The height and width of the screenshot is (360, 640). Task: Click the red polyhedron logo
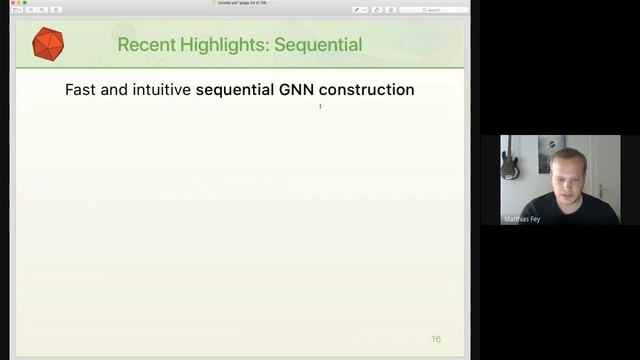tap(48, 44)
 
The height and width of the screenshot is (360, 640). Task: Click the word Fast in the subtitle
tap(82, 90)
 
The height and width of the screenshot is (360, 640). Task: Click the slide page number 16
tap(436, 339)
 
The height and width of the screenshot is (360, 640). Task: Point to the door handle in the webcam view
tap(600, 187)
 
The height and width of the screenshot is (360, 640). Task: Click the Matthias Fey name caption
tap(521, 219)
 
